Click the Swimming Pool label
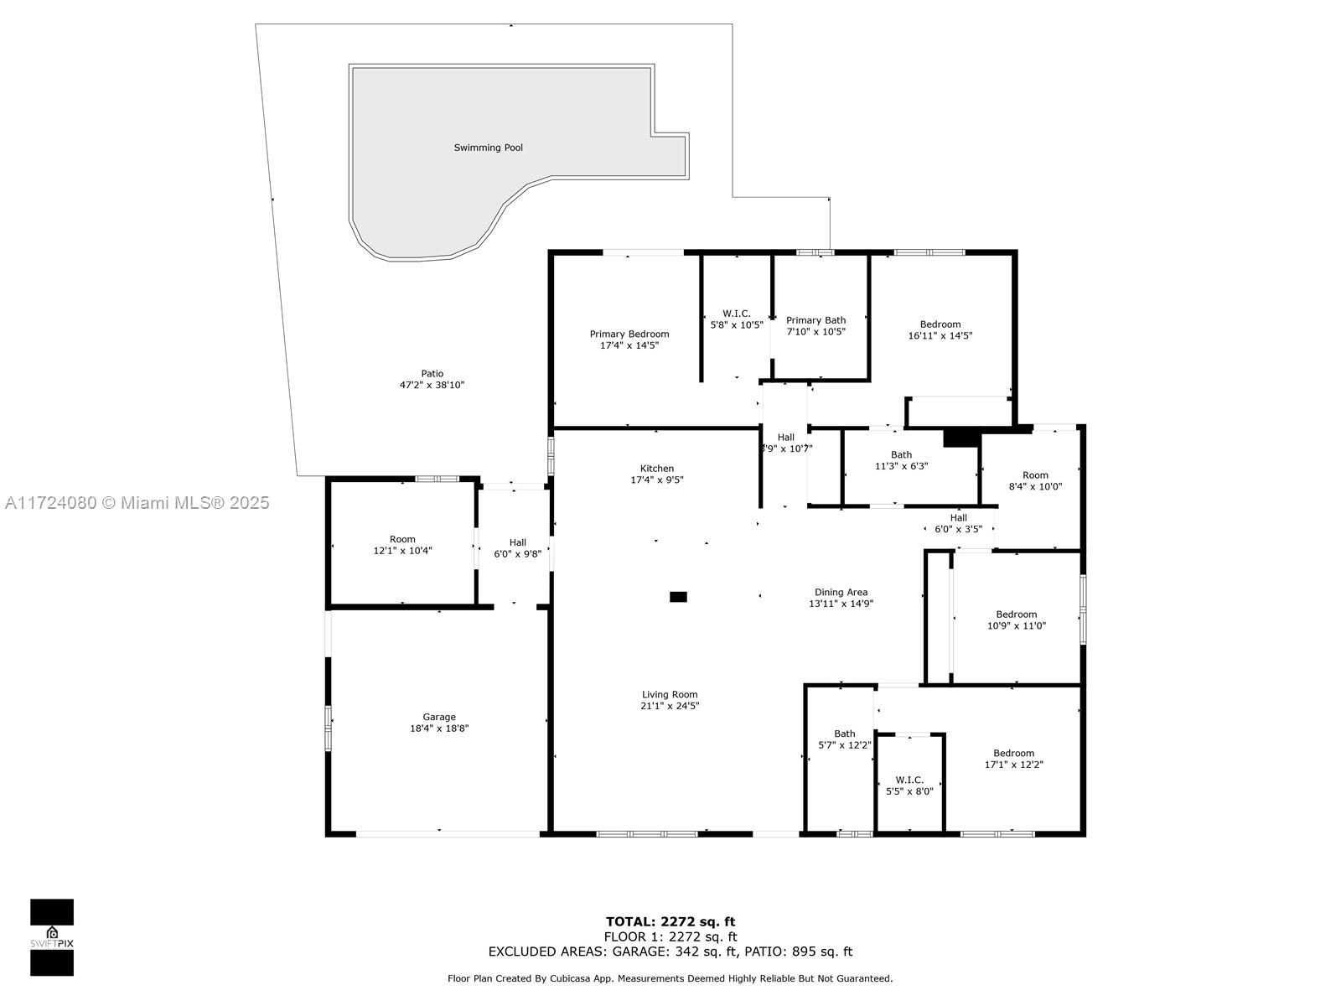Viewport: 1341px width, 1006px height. (x=488, y=148)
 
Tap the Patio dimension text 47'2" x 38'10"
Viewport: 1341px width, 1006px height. (x=432, y=385)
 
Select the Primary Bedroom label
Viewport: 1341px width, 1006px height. (x=629, y=334)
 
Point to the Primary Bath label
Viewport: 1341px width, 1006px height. (x=815, y=320)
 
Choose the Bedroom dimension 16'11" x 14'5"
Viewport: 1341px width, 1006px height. (x=940, y=335)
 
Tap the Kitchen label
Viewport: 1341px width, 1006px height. (x=657, y=469)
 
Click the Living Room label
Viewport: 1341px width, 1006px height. (x=670, y=694)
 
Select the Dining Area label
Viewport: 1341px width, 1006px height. (x=841, y=592)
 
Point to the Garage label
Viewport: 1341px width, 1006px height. (x=439, y=717)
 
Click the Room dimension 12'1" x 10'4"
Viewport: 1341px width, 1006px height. (x=402, y=550)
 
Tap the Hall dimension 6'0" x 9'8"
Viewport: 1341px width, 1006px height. (x=517, y=554)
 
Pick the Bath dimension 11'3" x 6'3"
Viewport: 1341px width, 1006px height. (x=901, y=466)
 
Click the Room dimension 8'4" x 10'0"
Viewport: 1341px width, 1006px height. (x=1035, y=487)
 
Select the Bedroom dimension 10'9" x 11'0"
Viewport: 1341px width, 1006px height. (x=1017, y=625)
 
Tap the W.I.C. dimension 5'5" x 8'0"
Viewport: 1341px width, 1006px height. (x=909, y=791)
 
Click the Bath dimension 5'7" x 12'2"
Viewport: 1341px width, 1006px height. (x=844, y=745)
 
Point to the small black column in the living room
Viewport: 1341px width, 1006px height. (x=678, y=597)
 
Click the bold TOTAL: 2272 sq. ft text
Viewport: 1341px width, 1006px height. (x=670, y=921)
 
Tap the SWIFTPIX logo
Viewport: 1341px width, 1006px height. (x=52, y=937)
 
